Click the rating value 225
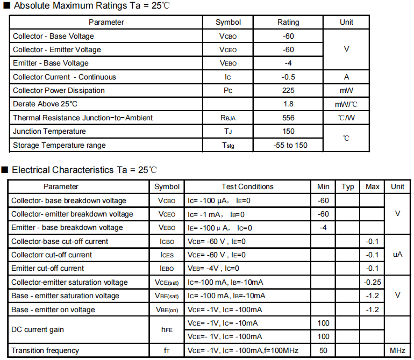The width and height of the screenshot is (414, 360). [x=288, y=90]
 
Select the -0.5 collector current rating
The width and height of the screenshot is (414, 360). [x=288, y=77]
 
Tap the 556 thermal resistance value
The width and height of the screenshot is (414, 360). [x=288, y=118]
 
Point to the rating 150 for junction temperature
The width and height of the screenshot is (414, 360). [x=288, y=131]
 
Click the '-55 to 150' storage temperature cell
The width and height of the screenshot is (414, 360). [x=290, y=145]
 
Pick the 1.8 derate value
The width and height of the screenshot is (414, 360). [x=288, y=104]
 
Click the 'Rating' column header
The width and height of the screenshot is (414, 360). [x=288, y=22]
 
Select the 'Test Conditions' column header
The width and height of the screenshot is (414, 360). [x=247, y=186]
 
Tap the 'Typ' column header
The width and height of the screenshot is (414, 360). [x=348, y=186]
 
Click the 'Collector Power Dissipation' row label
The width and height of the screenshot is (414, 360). [x=59, y=90]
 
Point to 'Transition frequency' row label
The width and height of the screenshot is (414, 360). [x=45, y=350]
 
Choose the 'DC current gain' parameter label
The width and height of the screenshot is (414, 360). [x=37, y=329]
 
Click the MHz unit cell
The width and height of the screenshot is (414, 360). [x=397, y=350]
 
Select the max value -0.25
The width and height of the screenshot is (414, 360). [x=372, y=282]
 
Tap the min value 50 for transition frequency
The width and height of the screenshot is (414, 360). [x=323, y=350]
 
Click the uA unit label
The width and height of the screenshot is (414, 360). [x=397, y=254]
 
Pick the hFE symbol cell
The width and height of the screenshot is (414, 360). [x=167, y=329]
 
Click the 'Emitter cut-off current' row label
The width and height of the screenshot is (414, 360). [x=47, y=268]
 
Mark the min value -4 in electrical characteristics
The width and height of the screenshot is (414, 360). [x=323, y=227]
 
